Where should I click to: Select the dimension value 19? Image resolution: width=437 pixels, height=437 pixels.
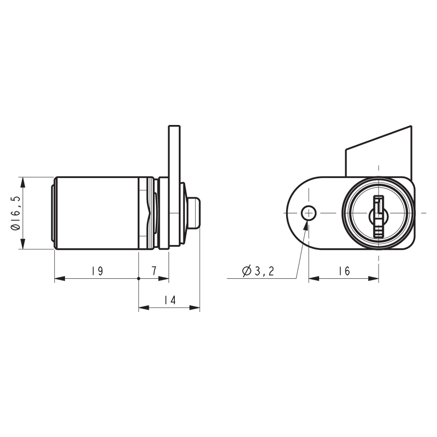[97, 271]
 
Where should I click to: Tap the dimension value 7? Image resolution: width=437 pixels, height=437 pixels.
[154, 271]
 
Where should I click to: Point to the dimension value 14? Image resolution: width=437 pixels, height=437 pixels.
[170, 301]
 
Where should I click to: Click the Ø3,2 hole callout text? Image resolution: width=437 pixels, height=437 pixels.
[258, 271]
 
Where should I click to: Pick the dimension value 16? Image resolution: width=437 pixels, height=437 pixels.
[344, 271]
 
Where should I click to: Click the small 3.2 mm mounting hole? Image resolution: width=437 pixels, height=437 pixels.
[309, 213]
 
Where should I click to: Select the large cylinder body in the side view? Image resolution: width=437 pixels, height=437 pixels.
[98, 213]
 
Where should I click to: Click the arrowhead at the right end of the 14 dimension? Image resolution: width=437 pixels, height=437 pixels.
[196, 308]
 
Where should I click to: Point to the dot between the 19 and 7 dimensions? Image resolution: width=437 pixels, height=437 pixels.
[139, 278]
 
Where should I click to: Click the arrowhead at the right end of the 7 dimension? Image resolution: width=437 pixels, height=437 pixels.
[165, 278]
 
